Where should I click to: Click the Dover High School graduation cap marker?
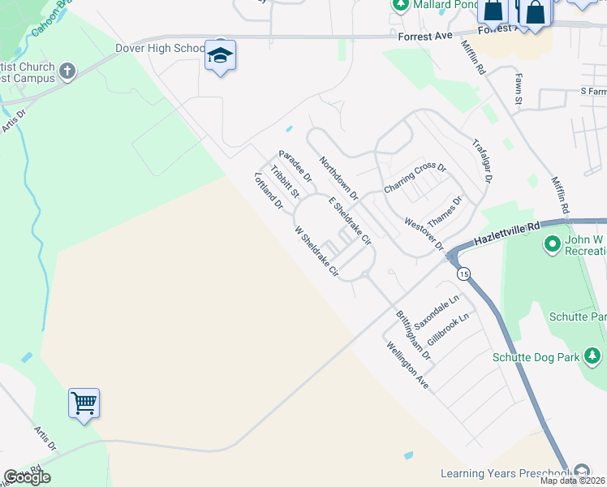(220, 56)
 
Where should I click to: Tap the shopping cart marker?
(84, 403)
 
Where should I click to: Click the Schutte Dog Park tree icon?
(593, 356)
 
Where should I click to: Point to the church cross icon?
(67, 72)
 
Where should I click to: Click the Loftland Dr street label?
(268, 192)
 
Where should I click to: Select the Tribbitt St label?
(285, 183)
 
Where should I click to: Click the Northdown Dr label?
(338, 179)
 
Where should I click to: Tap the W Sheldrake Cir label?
(316, 252)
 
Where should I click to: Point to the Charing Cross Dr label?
(415, 178)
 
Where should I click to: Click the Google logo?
(27, 477)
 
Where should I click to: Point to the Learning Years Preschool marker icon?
(581, 472)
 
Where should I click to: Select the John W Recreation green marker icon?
(553, 243)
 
